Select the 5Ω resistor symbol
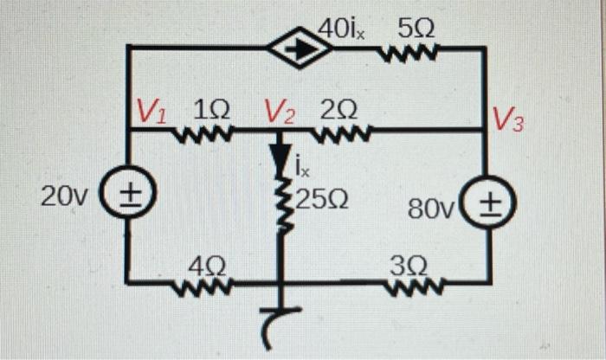(x=408, y=59)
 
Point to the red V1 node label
(x=154, y=112)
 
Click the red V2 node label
(x=280, y=112)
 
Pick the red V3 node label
(x=508, y=119)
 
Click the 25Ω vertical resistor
(x=280, y=203)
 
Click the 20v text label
(x=63, y=196)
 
